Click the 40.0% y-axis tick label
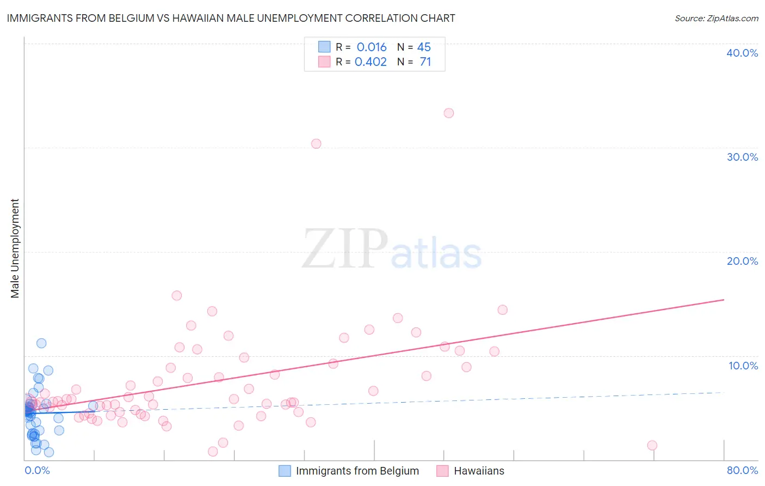(x=742, y=53)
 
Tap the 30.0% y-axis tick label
(x=742, y=157)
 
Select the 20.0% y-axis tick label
(x=742, y=261)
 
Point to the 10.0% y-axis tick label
(x=743, y=366)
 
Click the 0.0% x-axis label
(x=37, y=470)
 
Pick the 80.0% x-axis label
(x=742, y=470)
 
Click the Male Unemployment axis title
(x=15, y=248)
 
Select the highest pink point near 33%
(x=449, y=113)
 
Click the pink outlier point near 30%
(x=316, y=144)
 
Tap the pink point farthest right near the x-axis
(x=652, y=445)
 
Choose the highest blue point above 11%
(x=41, y=343)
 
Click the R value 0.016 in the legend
(x=372, y=47)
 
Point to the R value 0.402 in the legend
(x=371, y=62)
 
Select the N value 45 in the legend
(x=424, y=47)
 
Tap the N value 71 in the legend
(x=425, y=62)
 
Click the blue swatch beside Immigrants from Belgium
(x=285, y=471)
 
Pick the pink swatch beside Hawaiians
(x=442, y=471)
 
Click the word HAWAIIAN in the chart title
(x=203, y=18)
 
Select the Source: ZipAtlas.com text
(x=716, y=19)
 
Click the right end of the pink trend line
(x=724, y=300)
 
